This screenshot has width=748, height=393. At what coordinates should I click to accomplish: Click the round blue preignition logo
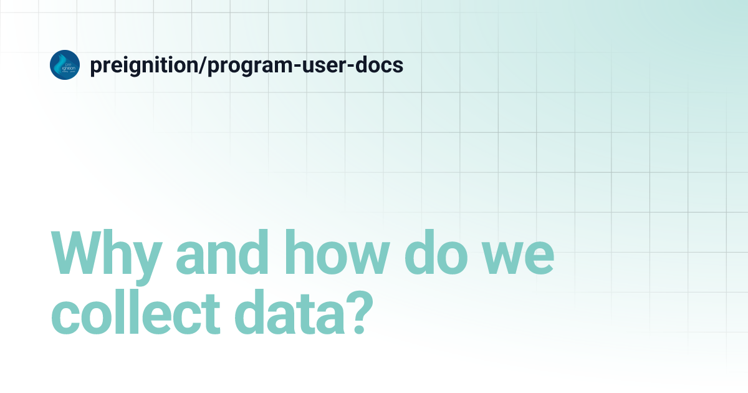[65, 65]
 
